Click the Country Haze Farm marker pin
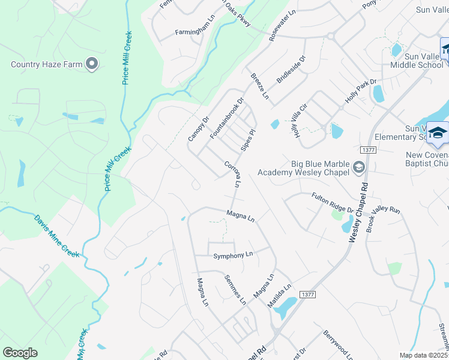click(x=92, y=64)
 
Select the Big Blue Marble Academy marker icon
click(x=359, y=167)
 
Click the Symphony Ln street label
click(x=234, y=256)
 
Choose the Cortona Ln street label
click(x=232, y=174)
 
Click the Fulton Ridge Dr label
click(x=332, y=202)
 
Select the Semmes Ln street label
click(x=235, y=289)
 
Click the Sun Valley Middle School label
click(x=417, y=60)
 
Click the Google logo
click(x=20, y=353)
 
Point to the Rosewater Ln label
click(x=283, y=25)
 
